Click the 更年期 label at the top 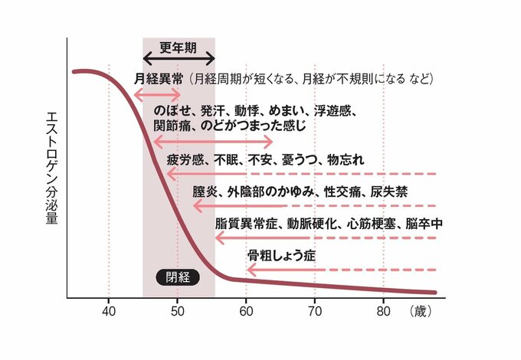point(178,46)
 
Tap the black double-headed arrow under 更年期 point(179,59)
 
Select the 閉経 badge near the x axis point(177,278)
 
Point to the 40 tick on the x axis point(108,311)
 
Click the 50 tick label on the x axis point(177,311)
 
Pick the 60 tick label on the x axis point(245,311)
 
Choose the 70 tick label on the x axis point(314,311)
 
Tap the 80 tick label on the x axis point(382,311)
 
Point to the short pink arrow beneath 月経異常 point(156,94)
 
